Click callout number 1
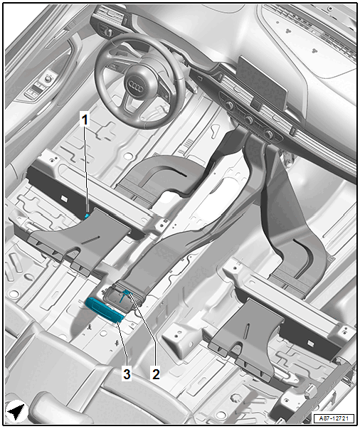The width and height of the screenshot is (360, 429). (85, 120)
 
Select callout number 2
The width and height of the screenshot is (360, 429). (156, 374)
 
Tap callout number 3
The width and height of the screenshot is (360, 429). (127, 374)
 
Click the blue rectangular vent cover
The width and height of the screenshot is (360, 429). (105, 310)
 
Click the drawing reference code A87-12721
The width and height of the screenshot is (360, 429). (334, 418)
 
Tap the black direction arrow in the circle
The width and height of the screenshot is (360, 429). (16, 411)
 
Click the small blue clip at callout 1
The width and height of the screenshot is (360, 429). (87, 216)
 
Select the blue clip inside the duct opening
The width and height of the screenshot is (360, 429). (125, 295)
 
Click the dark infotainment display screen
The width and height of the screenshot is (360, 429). (261, 83)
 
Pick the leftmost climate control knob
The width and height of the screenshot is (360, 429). (229, 105)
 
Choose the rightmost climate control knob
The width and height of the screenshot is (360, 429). (269, 134)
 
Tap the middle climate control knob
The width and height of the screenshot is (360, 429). (249, 120)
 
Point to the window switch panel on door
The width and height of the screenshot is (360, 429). (36, 91)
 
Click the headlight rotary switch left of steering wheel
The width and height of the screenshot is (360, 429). (108, 32)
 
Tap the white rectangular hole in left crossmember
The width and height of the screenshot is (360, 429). (64, 198)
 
